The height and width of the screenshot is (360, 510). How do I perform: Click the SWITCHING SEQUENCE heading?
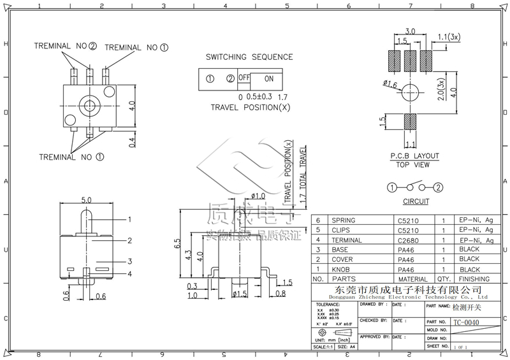[249, 57]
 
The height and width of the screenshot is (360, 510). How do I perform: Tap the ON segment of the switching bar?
[268, 78]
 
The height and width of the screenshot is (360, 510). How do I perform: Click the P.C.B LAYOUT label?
[415, 155]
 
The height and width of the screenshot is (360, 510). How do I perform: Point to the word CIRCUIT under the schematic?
[416, 201]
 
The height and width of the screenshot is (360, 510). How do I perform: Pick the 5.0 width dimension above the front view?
[88, 199]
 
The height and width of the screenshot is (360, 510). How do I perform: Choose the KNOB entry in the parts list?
[339, 270]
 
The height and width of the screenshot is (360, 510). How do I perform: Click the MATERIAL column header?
[412, 279]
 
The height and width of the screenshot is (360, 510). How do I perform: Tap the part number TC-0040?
[465, 322]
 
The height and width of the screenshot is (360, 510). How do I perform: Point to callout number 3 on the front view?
[129, 261]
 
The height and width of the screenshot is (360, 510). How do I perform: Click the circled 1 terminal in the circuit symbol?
[392, 187]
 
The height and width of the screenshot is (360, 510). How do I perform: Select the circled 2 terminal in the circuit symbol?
[439, 187]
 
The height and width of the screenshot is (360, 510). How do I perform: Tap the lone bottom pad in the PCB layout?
[410, 121]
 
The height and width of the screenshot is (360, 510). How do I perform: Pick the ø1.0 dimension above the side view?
[258, 196]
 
